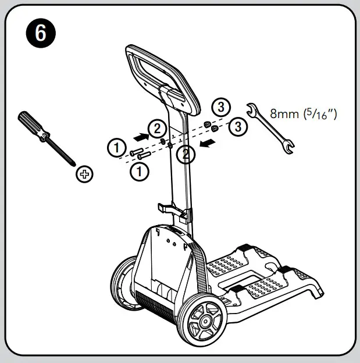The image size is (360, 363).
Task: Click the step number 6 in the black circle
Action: [x=40, y=33]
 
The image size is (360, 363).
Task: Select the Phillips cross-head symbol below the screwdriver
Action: [x=85, y=173]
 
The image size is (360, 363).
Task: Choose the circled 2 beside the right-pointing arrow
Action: [x=158, y=128]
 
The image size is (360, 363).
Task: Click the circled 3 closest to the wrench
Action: [x=237, y=126]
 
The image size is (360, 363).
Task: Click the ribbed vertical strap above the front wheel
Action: [x=201, y=268]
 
